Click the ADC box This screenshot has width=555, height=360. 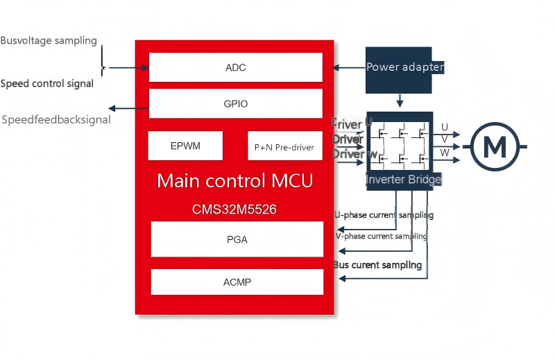(236, 68)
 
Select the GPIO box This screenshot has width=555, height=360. (236, 104)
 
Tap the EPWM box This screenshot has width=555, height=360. (185, 146)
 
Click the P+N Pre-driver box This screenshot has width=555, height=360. (284, 146)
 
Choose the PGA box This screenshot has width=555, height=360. (237, 240)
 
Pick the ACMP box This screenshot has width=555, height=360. (237, 282)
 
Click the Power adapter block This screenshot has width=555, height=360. (404, 68)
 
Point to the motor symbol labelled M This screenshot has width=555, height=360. (495, 146)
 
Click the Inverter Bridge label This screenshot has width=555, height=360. (404, 180)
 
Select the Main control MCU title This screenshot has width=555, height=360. (234, 181)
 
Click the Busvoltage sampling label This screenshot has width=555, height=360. (49, 40)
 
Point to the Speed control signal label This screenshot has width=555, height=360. (47, 84)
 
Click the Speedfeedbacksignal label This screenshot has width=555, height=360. (56, 120)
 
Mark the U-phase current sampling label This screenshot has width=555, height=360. (384, 215)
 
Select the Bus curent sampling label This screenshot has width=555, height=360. (377, 265)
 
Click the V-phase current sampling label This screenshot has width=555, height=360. (381, 237)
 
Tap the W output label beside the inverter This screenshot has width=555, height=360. (445, 153)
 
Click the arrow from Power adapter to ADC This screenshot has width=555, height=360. (349, 68)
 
